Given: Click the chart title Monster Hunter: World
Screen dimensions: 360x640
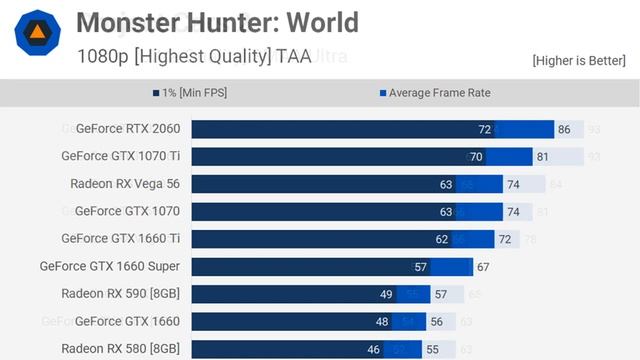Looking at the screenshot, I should (x=217, y=22).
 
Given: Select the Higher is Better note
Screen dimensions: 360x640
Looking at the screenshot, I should (x=579, y=60).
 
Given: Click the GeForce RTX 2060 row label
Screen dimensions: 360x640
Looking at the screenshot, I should (x=127, y=129).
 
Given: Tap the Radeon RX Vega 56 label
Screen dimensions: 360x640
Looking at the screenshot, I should (x=125, y=184).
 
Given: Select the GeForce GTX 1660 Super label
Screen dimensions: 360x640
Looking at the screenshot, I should (x=110, y=266).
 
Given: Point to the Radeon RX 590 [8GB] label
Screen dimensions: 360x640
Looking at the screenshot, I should (x=120, y=294).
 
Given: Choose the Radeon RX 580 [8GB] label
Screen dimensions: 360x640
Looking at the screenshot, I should (x=120, y=349).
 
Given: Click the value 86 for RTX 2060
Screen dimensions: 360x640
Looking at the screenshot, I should (x=564, y=130).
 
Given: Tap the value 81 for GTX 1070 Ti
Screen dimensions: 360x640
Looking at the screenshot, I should (x=542, y=157).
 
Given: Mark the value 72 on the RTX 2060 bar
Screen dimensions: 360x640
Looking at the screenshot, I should (x=485, y=130).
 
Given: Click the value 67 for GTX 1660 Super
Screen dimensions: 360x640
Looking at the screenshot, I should (x=483, y=267).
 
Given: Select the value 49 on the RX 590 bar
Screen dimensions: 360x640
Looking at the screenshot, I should (x=386, y=294).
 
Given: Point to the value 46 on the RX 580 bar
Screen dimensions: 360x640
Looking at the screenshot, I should (x=373, y=349).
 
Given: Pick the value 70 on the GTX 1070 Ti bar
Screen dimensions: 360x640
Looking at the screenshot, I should (x=476, y=157).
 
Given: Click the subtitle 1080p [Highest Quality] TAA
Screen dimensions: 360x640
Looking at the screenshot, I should (x=194, y=56).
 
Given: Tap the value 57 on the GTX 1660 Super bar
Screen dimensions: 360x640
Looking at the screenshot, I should (x=420, y=267).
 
